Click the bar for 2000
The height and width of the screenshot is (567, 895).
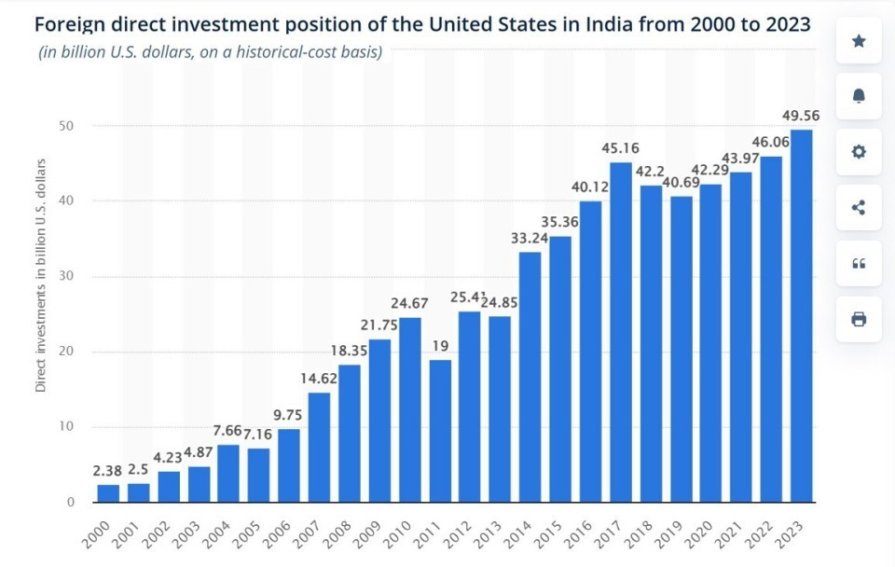coord(108,493)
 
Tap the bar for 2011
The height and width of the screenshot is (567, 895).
coord(439,431)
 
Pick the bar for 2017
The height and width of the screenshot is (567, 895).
coord(620,332)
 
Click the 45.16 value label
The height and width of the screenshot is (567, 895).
coord(620,147)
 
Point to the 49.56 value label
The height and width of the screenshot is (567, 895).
coord(802,115)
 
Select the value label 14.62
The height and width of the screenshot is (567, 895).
coord(319,378)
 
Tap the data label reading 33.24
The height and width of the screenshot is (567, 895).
coord(530,237)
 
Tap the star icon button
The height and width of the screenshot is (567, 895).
coord(859,40)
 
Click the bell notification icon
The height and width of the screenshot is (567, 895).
coord(859,96)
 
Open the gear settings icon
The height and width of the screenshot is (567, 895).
coord(859,152)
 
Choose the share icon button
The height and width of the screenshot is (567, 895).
coord(859,208)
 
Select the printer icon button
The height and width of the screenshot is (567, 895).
coord(859,320)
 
